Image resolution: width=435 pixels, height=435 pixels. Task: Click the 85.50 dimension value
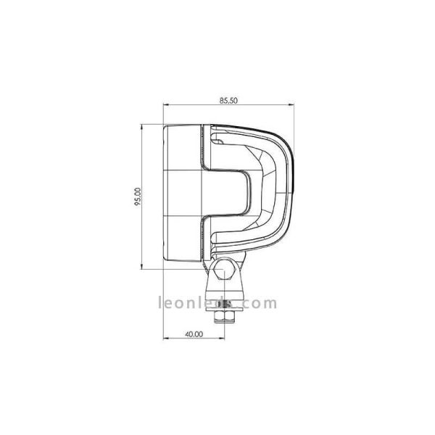(228, 101)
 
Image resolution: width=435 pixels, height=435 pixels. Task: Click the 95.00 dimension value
(138, 196)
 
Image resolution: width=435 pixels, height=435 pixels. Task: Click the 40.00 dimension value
(194, 334)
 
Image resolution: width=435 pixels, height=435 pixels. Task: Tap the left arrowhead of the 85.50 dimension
(166, 105)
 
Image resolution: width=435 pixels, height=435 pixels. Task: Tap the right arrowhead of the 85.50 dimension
(291, 105)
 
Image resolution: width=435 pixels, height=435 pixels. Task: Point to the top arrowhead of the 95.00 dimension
(141, 128)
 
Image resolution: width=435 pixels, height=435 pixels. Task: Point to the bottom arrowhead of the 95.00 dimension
(141, 266)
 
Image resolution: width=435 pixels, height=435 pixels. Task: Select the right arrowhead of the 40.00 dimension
(222, 338)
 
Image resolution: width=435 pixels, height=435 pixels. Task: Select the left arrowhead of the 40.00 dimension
(166, 338)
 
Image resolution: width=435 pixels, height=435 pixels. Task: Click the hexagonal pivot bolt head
(224, 269)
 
